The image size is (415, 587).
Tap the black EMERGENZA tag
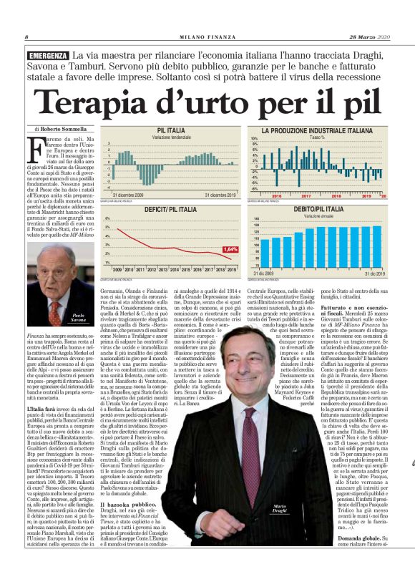[x=49, y=56]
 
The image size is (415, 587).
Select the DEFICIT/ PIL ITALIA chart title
[x=170, y=209]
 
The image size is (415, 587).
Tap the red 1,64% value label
[x=230, y=248]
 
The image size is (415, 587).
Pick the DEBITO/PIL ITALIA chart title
[x=319, y=209]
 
